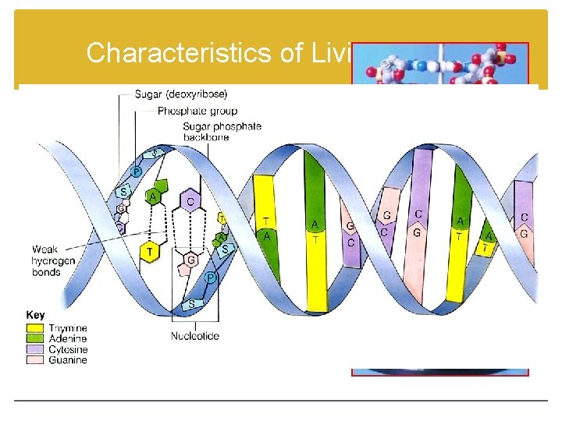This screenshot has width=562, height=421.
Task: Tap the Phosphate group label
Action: coord(198,111)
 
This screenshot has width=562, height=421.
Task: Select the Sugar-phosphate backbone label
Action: coord(222,131)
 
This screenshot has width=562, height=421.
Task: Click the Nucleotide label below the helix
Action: coord(195,336)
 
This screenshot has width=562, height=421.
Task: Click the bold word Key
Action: coord(36,315)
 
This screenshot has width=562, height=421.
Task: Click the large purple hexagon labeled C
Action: coord(190,203)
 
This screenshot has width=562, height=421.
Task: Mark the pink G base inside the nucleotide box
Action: coord(189,260)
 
